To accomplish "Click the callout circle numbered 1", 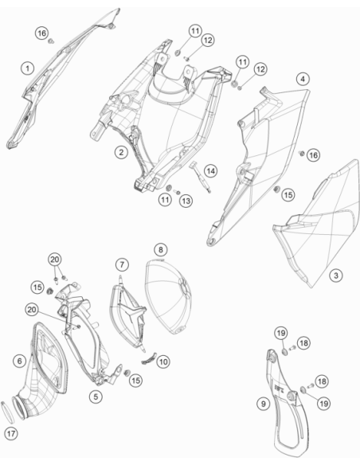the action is coord(28,68).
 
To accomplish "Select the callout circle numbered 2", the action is coord(121,152).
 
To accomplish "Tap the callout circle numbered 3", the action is coord(336,275).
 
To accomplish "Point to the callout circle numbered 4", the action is coord(303,79).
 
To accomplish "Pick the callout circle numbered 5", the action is coord(96,397).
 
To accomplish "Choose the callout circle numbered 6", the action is coord(20,361).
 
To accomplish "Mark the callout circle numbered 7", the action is coord(122,264).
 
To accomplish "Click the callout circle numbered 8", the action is coord(160,250).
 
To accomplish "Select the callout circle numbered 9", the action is coord(264,404).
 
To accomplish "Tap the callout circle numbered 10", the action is coord(163,361).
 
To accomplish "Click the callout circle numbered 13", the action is coord(186,201).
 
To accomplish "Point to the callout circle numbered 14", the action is coord(210,171).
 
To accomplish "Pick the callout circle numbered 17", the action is coord(11,434).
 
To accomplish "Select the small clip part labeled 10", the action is coord(149,358).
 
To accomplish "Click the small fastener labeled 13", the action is coord(178,193).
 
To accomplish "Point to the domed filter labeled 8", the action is coord(168,296).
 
